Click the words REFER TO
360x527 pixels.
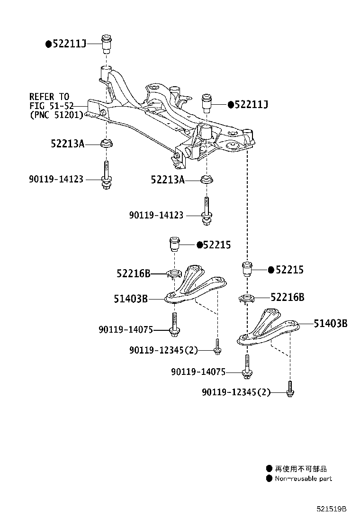pos(49,97)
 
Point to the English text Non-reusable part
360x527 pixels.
pos(304,479)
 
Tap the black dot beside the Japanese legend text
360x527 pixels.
pos(269,468)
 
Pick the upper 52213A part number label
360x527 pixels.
pos(67,143)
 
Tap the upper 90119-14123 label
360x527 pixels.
pos(56,179)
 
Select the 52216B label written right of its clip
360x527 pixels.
pos(288,297)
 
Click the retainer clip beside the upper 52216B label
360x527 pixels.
pos(175,273)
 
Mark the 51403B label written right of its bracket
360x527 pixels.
pos(331,324)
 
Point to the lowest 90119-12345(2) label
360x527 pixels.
pos(236,392)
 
